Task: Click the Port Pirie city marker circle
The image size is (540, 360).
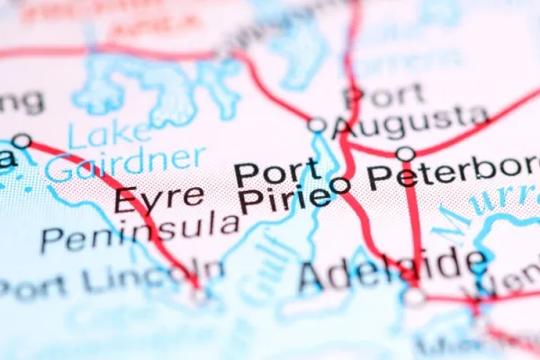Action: click(x=341, y=185)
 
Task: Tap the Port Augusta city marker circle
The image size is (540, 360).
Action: click(x=317, y=125)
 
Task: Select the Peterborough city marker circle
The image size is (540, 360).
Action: click(x=406, y=154)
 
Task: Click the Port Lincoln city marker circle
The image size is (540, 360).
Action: click(x=198, y=293)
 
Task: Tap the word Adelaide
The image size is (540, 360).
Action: click(x=392, y=268)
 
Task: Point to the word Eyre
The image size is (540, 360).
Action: click(x=147, y=198)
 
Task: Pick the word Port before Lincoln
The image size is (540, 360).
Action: click(x=36, y=288)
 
